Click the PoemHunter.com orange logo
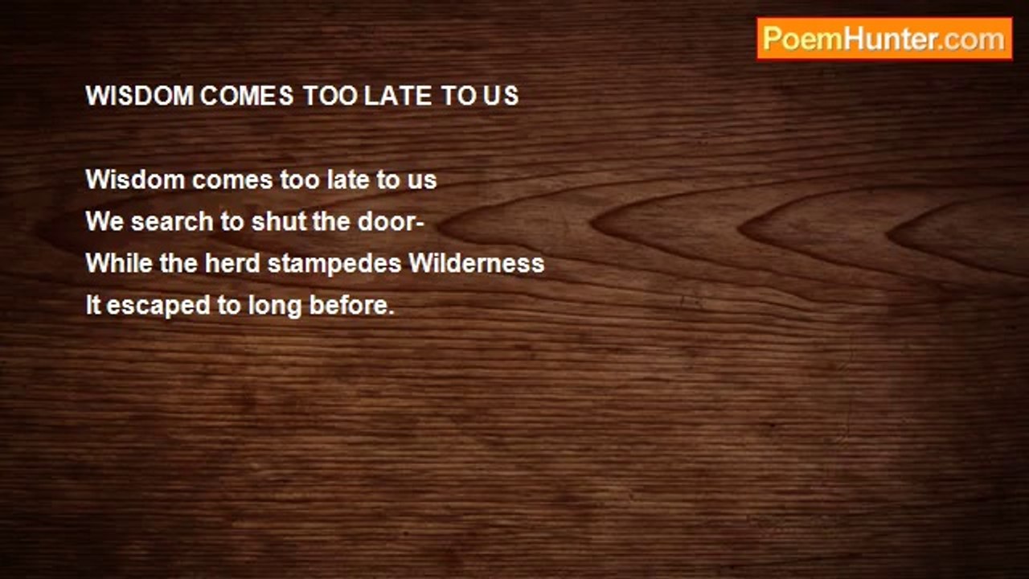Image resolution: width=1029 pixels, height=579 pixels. (x=884, y=39)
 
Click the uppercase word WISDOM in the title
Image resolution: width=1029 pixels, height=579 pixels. (x=140, y=96)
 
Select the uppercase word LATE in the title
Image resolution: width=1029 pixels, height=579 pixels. (x=398, y=96)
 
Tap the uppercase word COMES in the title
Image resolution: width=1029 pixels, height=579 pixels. (x=247, y=96)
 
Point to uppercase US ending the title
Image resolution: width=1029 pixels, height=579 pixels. (x=501, y=96)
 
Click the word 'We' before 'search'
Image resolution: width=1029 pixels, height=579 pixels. (x=105, y=221)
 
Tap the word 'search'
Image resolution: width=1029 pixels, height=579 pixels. (x=172, y=221)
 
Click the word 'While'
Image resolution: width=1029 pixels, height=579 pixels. (x=119, y=263)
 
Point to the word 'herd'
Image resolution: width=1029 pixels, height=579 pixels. (x=232, y=263)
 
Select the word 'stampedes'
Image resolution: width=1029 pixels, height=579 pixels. (x=334, y=265)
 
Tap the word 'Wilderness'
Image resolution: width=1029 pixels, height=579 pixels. (x=477, y=263)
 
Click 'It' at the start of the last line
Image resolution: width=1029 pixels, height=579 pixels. (x=93, y=305)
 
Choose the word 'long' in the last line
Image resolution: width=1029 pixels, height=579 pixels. (x=275, y=307)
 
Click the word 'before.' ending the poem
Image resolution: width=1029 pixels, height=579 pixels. (x=352, y=305)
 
